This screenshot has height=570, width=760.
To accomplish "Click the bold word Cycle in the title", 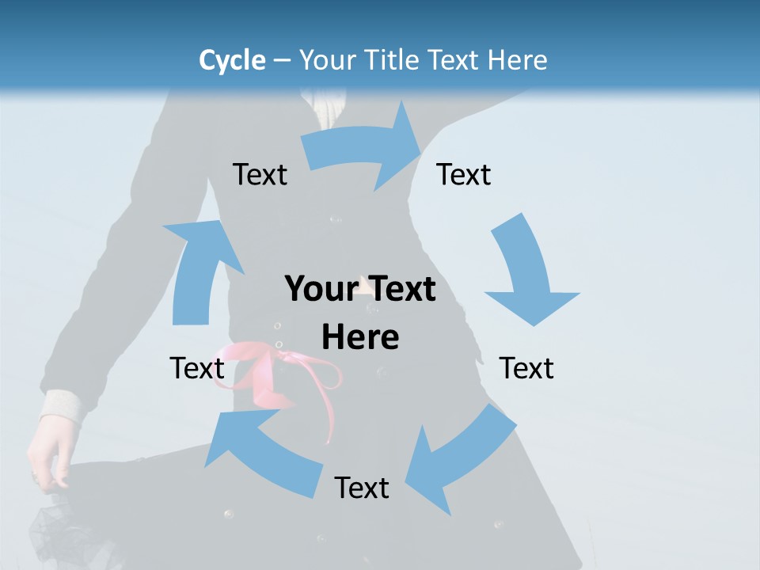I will (232, 60).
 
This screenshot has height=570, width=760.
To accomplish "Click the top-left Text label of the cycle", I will (260, 174).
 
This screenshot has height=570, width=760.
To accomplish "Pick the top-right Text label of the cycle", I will (464, 174).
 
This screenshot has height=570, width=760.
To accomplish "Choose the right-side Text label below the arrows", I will (526, 368).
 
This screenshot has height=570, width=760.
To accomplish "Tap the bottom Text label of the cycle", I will (362, 488).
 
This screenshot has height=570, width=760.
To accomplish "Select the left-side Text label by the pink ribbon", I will (197, 368).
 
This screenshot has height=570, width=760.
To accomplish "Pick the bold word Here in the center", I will (360, 338).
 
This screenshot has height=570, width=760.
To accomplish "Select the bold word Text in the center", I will (397, 289).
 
